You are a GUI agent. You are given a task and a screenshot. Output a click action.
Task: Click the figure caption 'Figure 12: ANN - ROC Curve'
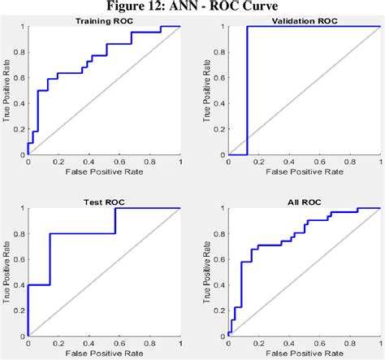(192, 7)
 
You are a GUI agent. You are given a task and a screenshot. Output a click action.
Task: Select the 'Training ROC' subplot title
(104, 20)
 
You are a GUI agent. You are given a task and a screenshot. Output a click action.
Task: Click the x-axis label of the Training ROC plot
(104, 172)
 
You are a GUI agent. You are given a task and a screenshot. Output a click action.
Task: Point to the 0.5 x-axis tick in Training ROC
(104, 162)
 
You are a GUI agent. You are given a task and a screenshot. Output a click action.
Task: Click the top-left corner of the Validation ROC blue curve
(248, 28)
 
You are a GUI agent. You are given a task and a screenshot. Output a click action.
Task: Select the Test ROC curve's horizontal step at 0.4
(39, 285)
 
